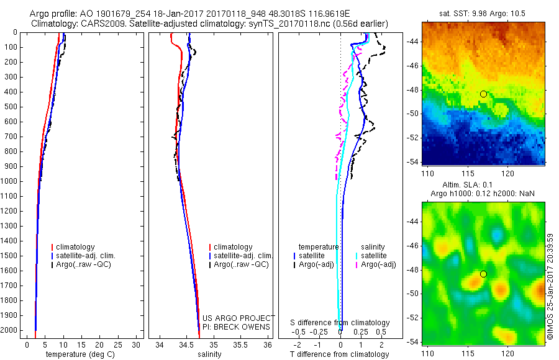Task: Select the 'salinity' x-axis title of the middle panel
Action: pos(209,354)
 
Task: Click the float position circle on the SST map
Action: pos(483,94)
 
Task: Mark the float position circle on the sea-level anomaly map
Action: pos(483,274)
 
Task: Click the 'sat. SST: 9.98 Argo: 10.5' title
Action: pos(483,12)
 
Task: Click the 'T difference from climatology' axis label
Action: pos(340,354)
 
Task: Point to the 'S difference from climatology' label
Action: pos(340,323)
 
